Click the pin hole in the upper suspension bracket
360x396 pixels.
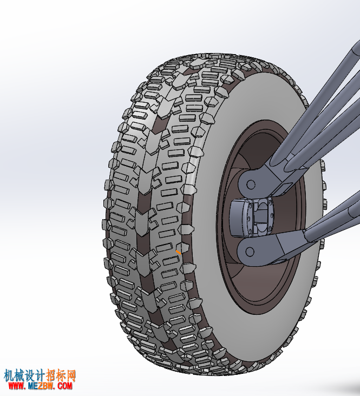click(x=251, y=184)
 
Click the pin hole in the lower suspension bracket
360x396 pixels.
click(x=250, y=252)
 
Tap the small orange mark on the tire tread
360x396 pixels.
click(x=179, y=252)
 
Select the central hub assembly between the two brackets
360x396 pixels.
click(x=252, y=218)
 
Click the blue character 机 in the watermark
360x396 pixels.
click(x=9, y=376)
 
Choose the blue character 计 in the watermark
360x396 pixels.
click(x=40, y=376)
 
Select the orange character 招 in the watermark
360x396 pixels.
click(x=51, y=376)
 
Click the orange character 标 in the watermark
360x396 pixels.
click(x=61, y=376)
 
